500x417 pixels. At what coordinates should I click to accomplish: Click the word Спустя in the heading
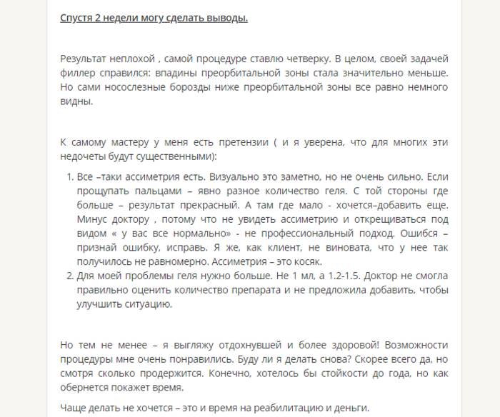76,17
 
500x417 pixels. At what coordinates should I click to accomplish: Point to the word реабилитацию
295,408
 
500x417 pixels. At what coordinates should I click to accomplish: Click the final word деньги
351,408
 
